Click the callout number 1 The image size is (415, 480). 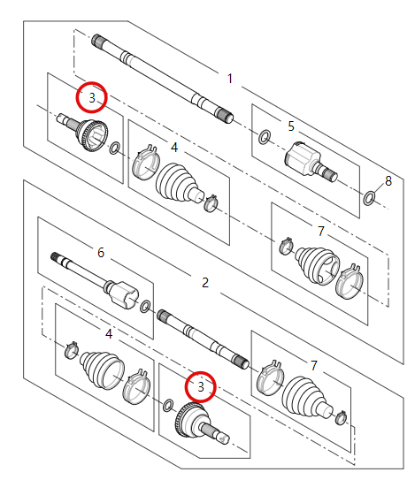coord(230,79)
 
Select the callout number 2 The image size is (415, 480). coord(205,283)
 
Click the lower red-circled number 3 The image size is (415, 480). coord(200,386)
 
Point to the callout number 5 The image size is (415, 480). coord(290,126)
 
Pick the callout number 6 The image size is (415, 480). coord(101,253)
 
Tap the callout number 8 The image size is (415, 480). coord(388,181)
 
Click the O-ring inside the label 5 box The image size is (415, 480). coord(264,137)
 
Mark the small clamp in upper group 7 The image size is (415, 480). coord(285,246)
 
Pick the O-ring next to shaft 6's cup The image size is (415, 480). coord(145,307)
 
